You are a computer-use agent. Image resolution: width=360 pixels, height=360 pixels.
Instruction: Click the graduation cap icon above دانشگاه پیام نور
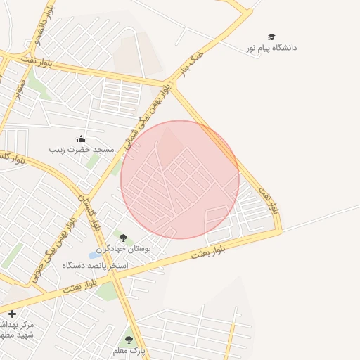[271, 37]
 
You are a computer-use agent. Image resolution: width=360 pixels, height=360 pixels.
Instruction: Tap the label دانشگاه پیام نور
[271, 48]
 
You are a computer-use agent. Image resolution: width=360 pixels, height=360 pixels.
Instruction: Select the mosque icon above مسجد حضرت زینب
[81, 139]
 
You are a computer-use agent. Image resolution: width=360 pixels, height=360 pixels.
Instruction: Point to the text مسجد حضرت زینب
[81, 150]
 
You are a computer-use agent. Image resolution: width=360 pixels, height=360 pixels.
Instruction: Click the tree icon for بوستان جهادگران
[124, 238]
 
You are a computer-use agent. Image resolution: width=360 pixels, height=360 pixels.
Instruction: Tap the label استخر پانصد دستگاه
[95, 265]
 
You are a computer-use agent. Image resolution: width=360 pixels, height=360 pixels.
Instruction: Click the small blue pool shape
[94, 254]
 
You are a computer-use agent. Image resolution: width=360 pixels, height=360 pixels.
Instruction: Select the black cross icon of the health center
[11, 314]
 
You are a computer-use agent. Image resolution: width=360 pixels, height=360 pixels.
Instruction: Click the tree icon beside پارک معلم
[128, 339]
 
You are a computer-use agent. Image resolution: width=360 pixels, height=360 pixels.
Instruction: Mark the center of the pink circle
[180, 179]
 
